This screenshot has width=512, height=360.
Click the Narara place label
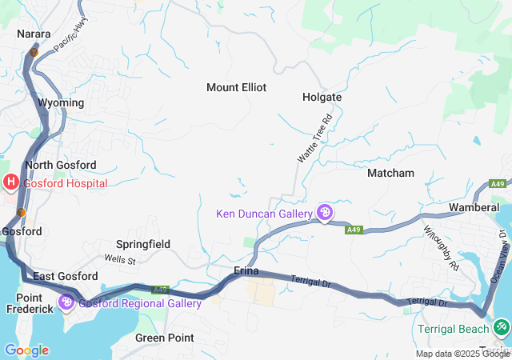tap(34, 34)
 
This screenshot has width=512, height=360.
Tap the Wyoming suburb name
tap(61, 103)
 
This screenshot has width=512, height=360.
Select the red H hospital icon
tap(11, 182)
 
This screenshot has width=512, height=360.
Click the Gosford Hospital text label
tap(65, 183)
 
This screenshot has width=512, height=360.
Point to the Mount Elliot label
tap(236, 87)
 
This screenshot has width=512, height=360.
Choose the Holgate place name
tap(322, 97)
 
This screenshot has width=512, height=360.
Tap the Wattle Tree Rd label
tap(314, 138)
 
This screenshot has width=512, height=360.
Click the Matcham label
tap(390, 173)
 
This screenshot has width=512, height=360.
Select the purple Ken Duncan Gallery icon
tap(325, 213)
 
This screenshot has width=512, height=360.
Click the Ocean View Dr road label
tap(502, 256)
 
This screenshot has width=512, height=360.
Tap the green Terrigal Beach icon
tap(502, 326)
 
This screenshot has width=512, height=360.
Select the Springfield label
tap(143, 244)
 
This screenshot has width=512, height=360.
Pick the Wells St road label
tap(121, 259)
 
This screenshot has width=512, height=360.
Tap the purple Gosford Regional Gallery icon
tap(66, 303)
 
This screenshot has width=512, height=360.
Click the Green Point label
tap(164, 338)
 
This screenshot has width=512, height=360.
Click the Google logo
tap(26, 350)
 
